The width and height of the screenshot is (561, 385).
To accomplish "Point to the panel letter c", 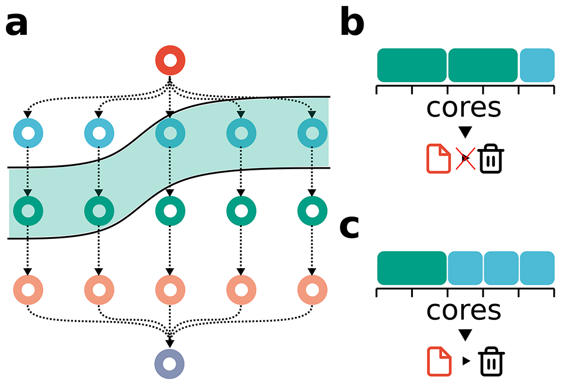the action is tap(350, 228).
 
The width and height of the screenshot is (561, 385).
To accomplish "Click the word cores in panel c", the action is tap(464, 311).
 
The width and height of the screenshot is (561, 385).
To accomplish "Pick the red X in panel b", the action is tap(466, 158).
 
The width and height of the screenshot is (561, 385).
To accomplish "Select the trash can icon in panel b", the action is tap(491, 158).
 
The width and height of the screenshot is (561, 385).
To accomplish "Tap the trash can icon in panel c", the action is tap(491, 361).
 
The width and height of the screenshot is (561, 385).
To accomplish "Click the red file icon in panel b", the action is tap(439, 158).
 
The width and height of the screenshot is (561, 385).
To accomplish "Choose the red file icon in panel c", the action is tap(439, 361).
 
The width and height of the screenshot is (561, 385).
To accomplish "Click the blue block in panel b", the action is tap(537, 65).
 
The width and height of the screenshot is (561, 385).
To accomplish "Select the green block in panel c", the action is tap(412, 268).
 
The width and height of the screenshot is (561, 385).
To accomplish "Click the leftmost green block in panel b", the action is tap(412, 65).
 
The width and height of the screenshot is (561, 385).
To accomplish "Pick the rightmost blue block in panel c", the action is tap(537, 268).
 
